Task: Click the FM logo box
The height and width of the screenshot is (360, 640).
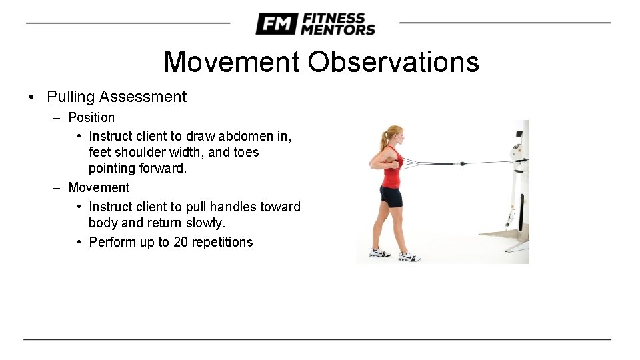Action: click(276, 24)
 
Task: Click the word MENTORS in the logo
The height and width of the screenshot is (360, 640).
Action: click(337, 29)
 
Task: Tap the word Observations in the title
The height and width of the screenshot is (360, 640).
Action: click(393, 62)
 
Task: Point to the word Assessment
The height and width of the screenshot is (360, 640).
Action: click(143, 97)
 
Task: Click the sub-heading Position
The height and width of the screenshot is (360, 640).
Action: click(91, 117)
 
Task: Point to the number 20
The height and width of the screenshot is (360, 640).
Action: click(180, 242)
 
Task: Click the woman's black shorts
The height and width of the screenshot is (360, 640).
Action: click(391, 197)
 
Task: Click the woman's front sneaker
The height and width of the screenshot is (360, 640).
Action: click(409, 256)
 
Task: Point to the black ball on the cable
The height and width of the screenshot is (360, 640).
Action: click(461, 162)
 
